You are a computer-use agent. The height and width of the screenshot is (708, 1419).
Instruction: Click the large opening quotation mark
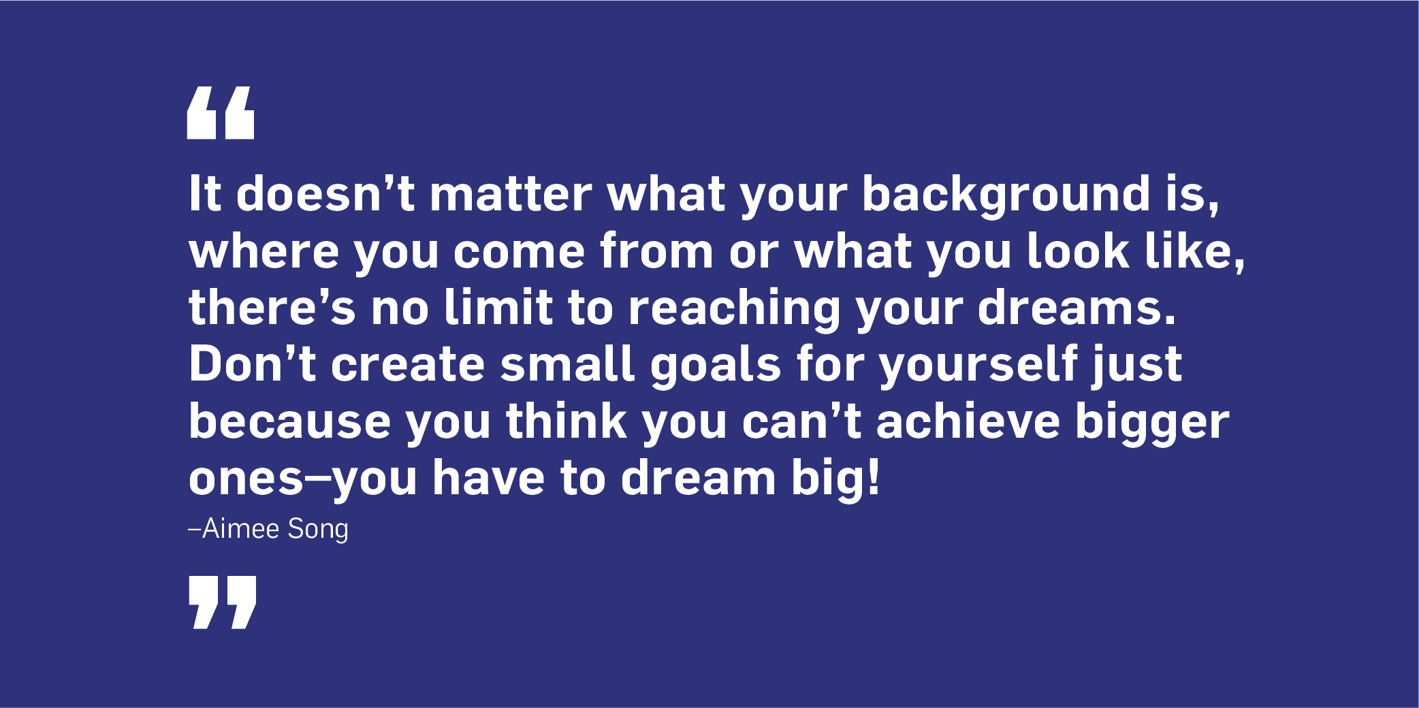click(x=220, y=113)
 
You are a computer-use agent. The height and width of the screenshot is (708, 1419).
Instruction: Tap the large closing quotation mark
click(x=223, y=602)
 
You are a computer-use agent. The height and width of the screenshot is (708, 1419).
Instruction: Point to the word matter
click(x=511, y=196)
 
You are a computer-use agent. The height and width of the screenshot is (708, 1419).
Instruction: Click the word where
click(x=264, y=251)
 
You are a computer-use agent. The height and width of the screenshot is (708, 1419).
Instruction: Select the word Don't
click(x=252, y=364)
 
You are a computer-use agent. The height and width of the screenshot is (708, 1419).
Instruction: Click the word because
click(x=289, y=421)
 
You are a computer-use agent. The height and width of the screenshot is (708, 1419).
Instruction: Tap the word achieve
click(x=968, y=421)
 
